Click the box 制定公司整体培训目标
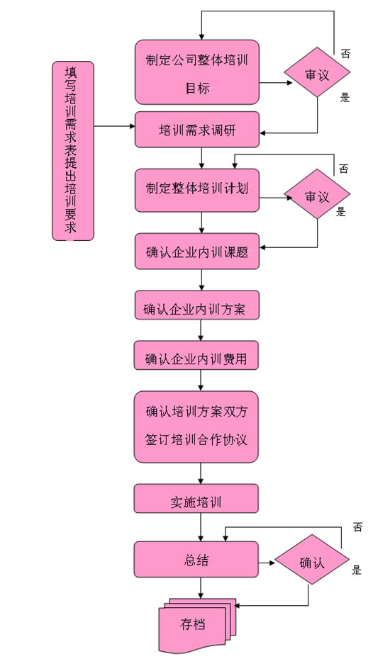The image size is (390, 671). [x=197, y=72]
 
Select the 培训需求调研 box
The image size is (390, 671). [x=197, y=129]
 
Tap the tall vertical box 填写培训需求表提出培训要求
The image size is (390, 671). [x=73, y=151]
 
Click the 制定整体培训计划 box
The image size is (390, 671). [x=197, y=190]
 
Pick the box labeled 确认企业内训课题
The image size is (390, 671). [x=197, y=252]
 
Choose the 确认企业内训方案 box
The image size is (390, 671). [x=197, y=305]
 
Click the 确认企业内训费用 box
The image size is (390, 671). [x=196, y=355]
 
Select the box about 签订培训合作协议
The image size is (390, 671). [x=196, y=427]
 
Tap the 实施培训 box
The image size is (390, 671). [x=196, y=498]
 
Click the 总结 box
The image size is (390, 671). [x=196, y=559]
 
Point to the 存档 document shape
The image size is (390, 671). [x=197, y=626]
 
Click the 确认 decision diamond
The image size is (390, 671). [x=312, y=559]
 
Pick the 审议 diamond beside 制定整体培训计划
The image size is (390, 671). [x=317, y=194]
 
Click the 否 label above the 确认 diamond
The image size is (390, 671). [x=357, y=526]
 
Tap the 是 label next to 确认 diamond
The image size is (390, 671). [x=357, y=570]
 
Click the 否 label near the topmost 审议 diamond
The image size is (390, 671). [x=345, y=53]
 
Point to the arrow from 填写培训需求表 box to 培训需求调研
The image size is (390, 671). [x=114, y=126]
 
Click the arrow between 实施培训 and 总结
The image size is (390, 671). [x=201, y=526]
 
